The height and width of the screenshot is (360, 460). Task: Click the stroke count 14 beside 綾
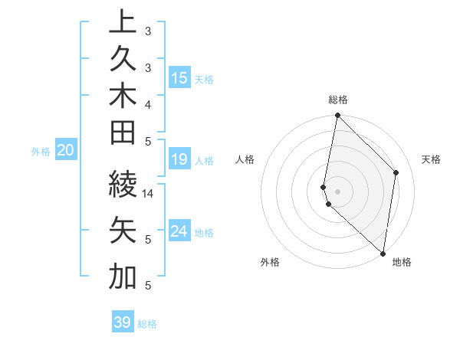click(x=149, y=194)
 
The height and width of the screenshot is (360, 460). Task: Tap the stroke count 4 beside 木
click(x=148, y=103)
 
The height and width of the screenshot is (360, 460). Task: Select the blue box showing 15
click(x=179, y=77)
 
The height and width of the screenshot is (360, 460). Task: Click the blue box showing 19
click(x=179, y=159)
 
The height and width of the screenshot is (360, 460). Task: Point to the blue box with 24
click(x=179, y=231)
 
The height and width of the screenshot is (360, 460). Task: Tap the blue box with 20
click(x=66, y=151)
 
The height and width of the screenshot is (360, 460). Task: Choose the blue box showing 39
click(x=123, y=322)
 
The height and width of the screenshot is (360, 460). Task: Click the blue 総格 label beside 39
click(x=148, y=324)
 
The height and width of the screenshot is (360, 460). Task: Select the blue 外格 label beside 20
click(x=41, y=152)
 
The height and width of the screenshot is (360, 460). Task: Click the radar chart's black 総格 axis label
click(x=338, y=100)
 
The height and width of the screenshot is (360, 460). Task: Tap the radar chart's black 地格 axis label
click(x=402, y=263)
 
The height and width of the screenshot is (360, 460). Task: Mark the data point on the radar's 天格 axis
click(x=396, y=172)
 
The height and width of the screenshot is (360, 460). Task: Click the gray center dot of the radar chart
click(x=338, y=191)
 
